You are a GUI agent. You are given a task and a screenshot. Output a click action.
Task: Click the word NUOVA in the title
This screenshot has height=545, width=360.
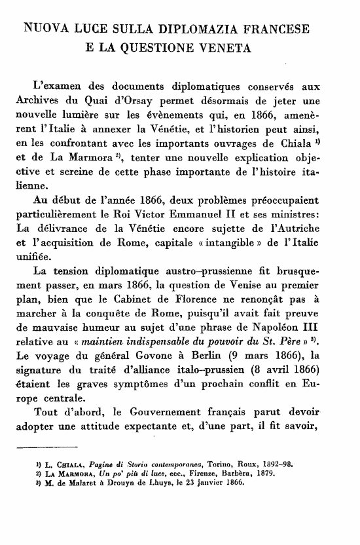tap(44, 29)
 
